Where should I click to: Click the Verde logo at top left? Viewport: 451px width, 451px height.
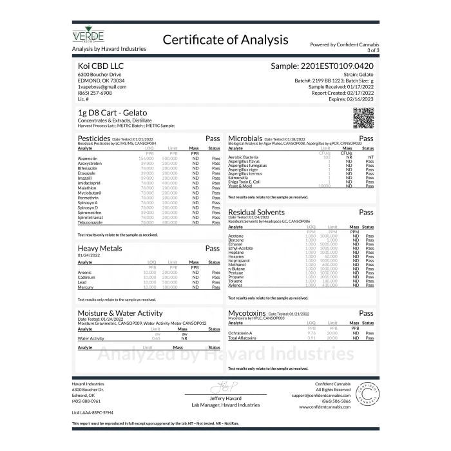pyautogui.click(x=88, y=34)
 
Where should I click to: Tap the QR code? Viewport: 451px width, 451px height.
pyautogui.click(x=363, y=118)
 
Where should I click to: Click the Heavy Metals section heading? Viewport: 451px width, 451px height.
pyautogui.click(x=99, y=248)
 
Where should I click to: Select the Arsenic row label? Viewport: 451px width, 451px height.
pyautogui.click(x=84, y=272)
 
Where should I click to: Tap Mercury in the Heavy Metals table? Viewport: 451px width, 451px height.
pyautogui.click(x=85, y=287)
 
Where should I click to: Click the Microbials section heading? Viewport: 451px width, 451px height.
pyautogui.click(x=245, y=138)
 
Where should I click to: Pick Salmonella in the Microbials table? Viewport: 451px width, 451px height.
pyautogui.click(x=239, y=177)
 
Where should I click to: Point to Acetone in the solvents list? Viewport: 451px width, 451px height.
pyautogui.click(x=236, y=236)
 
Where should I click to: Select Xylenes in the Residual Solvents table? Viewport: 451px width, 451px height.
pyautogui.click(x=235, y=285)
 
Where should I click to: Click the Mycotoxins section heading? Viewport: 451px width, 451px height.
pyautogui.click(x=248, y=313)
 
